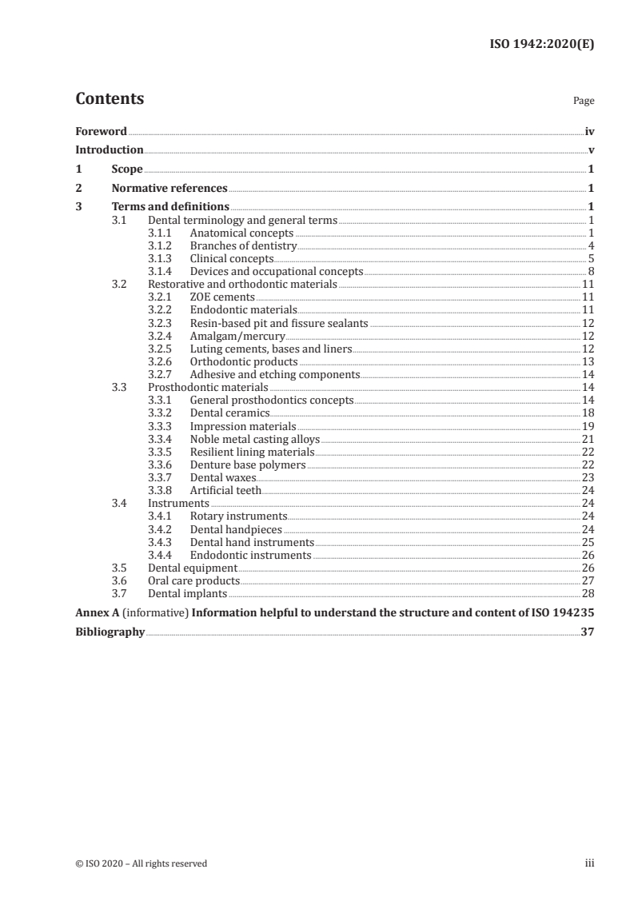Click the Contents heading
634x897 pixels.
pos(110,99)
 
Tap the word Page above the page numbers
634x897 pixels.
pos(583,102)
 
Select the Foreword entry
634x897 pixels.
pos(101,131)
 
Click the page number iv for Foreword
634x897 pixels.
pos(589,131)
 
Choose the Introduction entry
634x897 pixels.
pos(110,150)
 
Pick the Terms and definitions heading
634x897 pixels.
pos(170,208)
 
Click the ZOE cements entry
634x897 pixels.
pos(222,297)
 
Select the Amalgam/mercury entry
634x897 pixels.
pos(237,336)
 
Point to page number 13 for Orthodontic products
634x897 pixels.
pos(587,361)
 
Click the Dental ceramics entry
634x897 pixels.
pos(229,413)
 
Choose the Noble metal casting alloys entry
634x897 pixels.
pos(254,438)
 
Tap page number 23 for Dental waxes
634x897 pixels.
pos(587,477)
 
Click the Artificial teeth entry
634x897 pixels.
pos(225,490)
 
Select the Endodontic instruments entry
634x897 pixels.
pos(250,555)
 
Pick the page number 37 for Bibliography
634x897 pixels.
pos(587,632)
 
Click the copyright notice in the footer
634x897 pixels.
pos(142,863)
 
